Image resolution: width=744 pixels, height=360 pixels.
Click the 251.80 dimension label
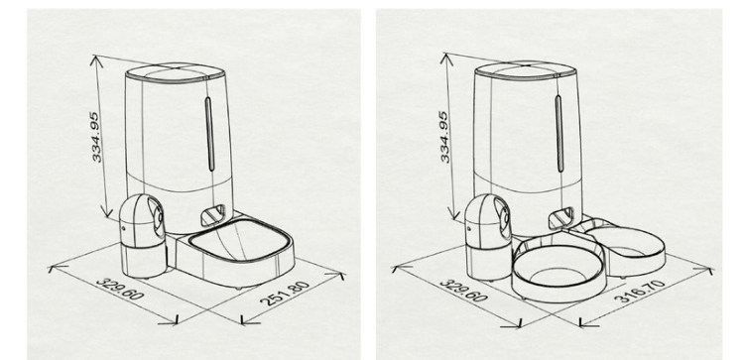point(285,294)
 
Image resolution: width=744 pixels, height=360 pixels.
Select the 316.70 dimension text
point(640,292)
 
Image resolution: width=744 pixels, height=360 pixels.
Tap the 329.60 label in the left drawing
point(120,289)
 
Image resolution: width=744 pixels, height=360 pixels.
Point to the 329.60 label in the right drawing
point(463,291)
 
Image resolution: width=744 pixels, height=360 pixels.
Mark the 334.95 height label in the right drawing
point(444,137)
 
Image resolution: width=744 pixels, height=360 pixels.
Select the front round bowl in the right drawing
point(558,272)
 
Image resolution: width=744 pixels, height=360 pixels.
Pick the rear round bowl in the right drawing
point(626,247)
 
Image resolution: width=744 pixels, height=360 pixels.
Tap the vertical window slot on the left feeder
point(208,134)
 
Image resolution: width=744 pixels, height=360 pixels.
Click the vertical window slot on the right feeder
point(558,133)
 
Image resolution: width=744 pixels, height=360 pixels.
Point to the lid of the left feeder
point(175,72)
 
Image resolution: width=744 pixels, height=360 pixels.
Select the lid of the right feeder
point(525,70)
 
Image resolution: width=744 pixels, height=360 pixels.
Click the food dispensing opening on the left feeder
point(213,215)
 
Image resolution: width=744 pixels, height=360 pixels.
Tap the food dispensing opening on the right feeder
point(561,216)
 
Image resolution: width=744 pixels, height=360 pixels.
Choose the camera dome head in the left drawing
point(142,218)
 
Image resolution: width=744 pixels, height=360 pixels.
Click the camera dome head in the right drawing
point(489,217)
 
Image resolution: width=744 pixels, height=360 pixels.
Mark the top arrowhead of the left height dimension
point(96,59)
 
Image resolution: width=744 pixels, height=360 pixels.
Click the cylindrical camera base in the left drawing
point(143,259)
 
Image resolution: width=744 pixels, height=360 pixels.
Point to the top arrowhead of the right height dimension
point(446,57)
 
